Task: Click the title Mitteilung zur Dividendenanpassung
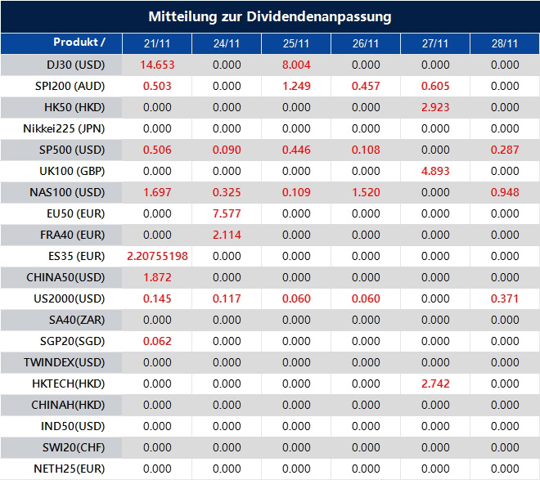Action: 270,16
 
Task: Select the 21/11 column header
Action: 157,43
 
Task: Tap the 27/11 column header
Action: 435,43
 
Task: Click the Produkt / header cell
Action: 79,42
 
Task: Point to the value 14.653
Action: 157,65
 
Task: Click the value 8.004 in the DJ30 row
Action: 296,65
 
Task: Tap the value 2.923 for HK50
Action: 435,107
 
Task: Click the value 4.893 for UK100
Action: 435,171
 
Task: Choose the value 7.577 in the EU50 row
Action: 227,213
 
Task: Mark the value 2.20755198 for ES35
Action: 157,256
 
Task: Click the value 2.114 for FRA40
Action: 227,235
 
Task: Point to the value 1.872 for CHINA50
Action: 157,277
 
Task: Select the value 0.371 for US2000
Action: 505,298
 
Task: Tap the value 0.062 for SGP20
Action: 157,341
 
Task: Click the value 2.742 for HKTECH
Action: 435,384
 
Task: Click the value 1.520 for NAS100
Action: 366,192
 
